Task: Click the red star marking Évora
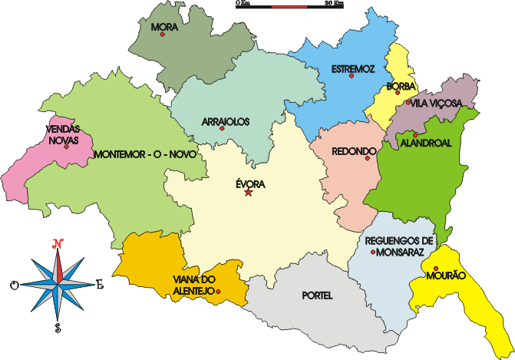pos(248,192)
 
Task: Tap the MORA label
pos(164,28)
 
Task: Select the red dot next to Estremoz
pos(352,76)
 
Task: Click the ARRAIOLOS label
pos(222,121)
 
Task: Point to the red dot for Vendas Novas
pos(67,146)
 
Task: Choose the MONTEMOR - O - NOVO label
pos(146,154)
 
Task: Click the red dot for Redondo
pos(368,158)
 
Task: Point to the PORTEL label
pos(318,295)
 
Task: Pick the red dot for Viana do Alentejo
pos(219,292)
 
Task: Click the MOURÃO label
pos(445,275)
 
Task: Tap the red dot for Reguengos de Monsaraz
pos(373,251)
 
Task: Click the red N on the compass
pos(57,244)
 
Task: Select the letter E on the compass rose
pos(99,285)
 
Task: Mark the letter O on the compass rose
pos(14,286)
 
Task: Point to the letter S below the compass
pos(58,328)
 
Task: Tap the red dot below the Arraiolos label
pos(222,128)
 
